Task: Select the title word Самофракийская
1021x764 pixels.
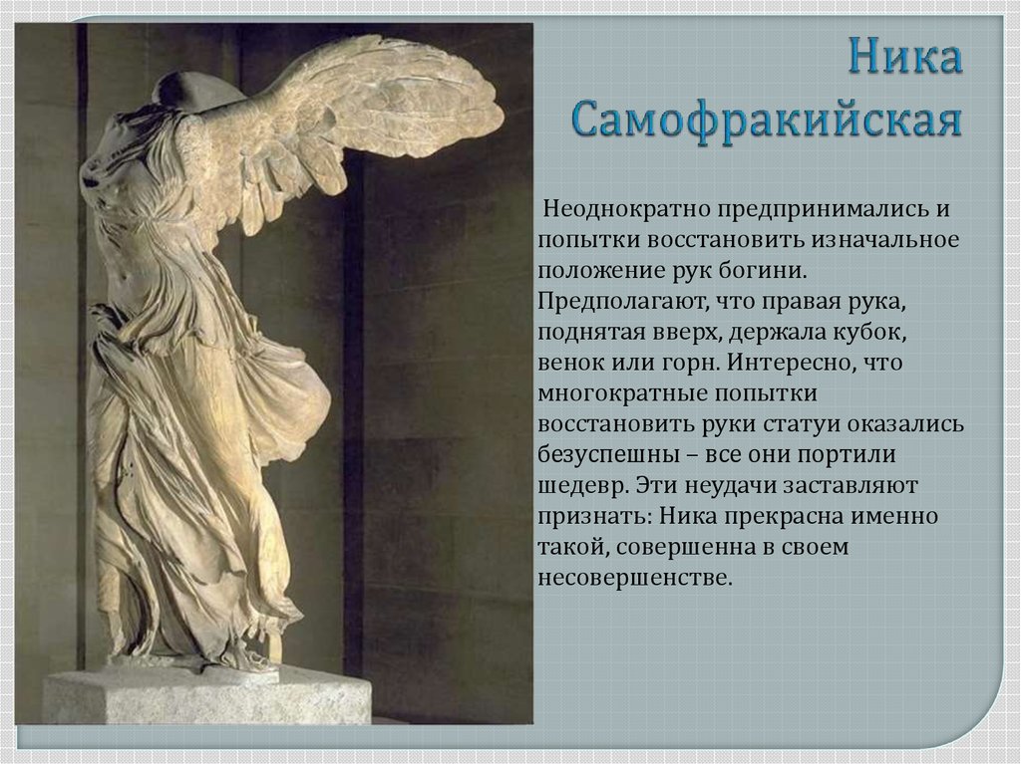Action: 768,121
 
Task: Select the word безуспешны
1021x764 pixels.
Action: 608,455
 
